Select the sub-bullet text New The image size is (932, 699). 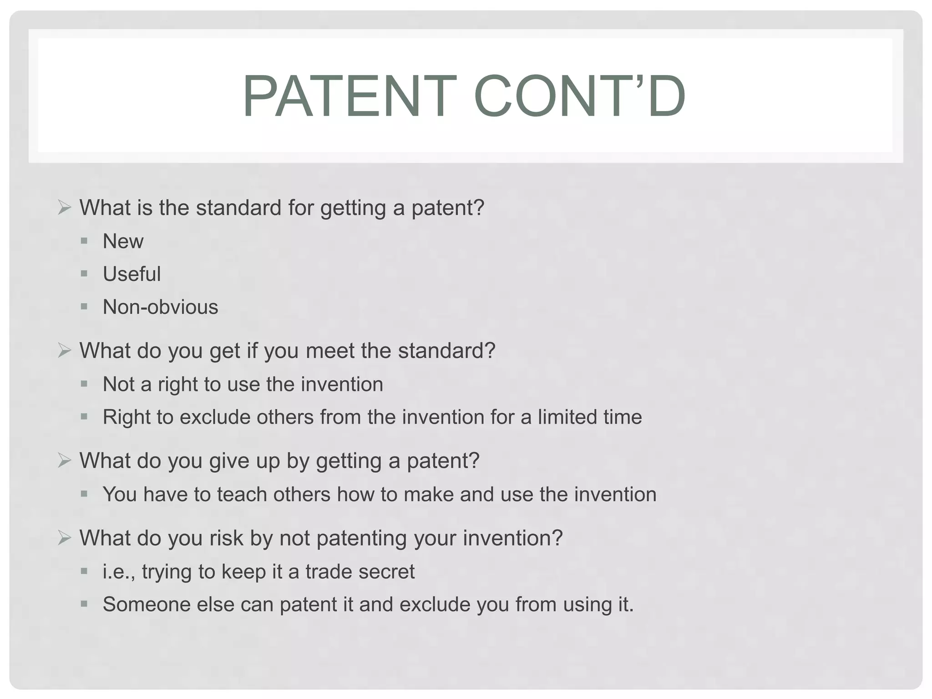coord(123,241)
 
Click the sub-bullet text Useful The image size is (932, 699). coord(132,274)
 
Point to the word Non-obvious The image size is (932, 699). coord(160,307)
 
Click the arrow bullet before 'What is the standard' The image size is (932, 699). coord(65,208)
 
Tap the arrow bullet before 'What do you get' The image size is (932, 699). coord(65,351)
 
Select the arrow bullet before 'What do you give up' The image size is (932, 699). coord(65,461)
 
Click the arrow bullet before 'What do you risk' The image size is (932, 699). coord(65,538)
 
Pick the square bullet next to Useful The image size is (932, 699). coord(84,274)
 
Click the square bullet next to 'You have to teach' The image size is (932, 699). coord(84,494)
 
